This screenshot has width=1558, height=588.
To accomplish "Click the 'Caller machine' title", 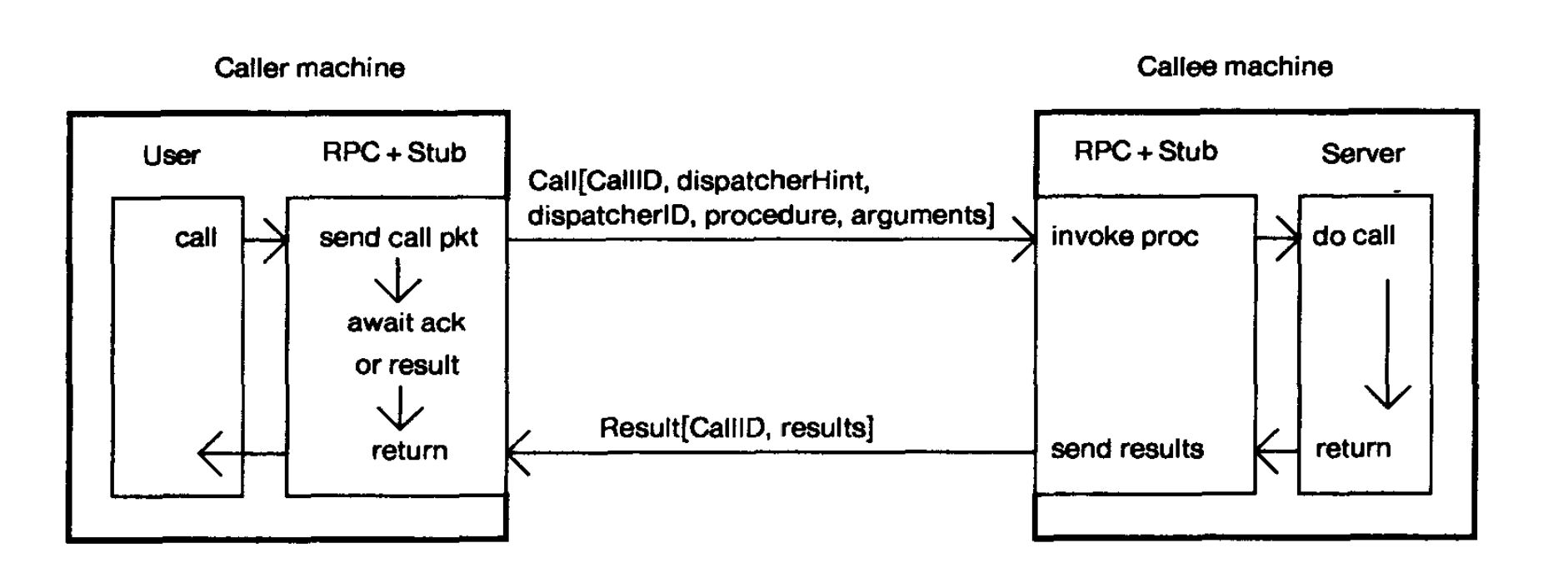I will coord(309,67).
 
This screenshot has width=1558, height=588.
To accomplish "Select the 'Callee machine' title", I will coord(1234,67).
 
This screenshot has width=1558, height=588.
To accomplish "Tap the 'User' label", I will coord(172,156).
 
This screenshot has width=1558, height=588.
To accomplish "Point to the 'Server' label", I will coord(1362,153).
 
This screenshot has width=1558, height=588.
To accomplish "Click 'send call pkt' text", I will coord(398,238).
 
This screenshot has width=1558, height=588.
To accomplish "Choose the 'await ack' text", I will coord(406,322).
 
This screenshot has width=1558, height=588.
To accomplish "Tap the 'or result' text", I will coord(407,365).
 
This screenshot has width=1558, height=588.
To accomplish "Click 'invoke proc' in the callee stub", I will coord(1124,237).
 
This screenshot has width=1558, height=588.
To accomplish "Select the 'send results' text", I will coord(1126,449).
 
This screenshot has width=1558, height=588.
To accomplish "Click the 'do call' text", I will coord(1353,236).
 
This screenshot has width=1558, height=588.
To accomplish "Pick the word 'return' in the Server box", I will coord(1353,448).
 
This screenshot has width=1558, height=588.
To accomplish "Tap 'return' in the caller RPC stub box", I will coord(409,451).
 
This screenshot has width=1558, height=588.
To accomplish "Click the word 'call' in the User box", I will coord(196,238).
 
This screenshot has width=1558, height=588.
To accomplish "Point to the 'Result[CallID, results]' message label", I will coord(737,428).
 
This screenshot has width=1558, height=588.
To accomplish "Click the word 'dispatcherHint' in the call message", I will coord(772,181).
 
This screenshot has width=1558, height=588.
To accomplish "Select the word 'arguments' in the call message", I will coord(922,216).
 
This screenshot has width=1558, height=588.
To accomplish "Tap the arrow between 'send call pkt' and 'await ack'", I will coord(397,281).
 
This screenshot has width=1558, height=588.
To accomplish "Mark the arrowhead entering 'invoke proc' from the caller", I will coord(1026,240).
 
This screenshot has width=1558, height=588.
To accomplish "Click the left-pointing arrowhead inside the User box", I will coord(209,453).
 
